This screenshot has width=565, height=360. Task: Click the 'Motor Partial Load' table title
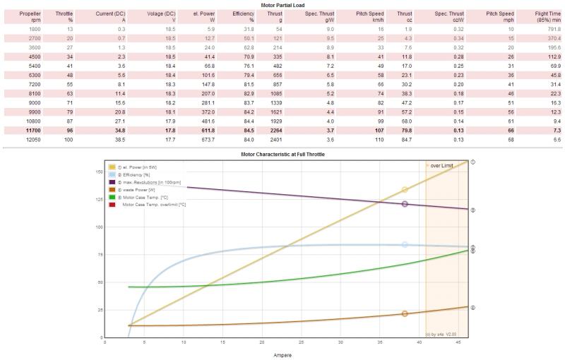coord(282,4)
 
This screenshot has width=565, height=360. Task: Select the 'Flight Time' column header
coord(548,17)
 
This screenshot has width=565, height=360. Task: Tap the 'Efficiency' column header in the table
coord(243,17)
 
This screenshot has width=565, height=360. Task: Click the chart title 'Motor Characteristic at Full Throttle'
coord(282,154)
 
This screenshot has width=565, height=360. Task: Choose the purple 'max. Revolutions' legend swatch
coord(112,182)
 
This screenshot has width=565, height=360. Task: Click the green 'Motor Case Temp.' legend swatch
coord(112,197)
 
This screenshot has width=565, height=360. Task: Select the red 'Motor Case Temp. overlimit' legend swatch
coord(112,205)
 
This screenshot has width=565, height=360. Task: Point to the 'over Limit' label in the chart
coord(442,165)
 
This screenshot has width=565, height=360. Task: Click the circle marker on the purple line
coord(405,204)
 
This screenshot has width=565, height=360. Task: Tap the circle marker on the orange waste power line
coord(405,313)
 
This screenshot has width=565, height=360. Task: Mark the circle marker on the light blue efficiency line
coord(405,244)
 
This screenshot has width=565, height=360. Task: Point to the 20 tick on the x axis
coord(262,343)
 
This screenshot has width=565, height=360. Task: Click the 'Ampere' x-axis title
coord(282,355)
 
